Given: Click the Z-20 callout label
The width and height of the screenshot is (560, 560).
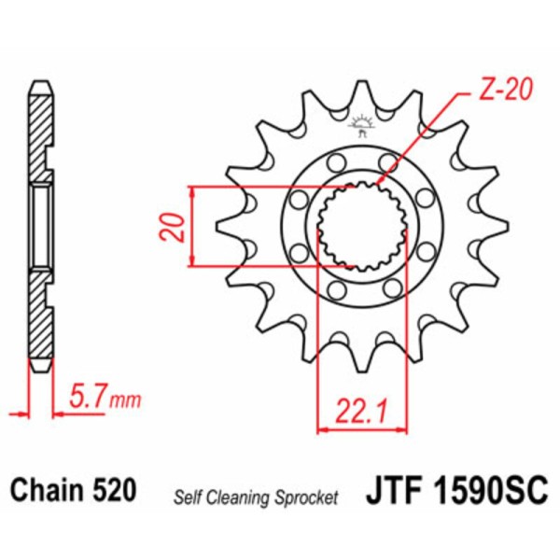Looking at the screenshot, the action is click(x=505, y=89).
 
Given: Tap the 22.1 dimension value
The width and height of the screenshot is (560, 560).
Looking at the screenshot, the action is click(x=362, y=413).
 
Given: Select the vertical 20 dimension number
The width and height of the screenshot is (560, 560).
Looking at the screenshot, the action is click(x=172, y=227).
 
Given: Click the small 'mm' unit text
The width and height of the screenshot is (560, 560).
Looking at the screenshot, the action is click(x=125, y=401).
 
